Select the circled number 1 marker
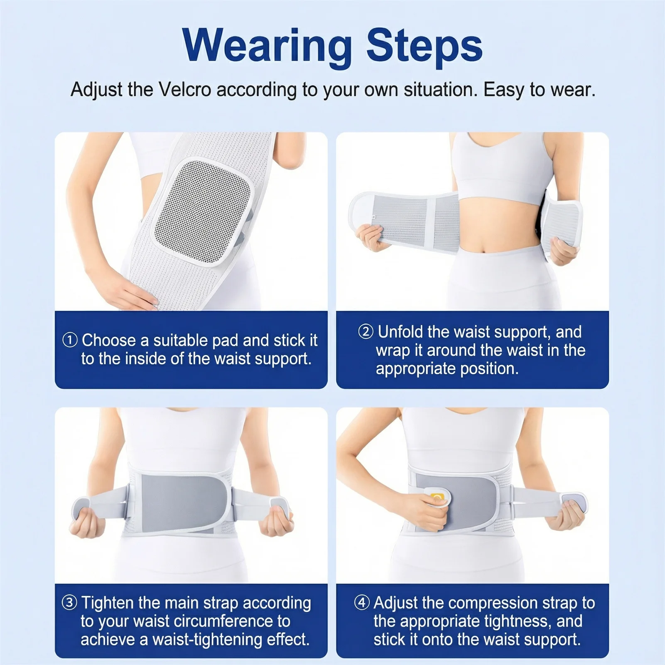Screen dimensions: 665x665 coord(70,340)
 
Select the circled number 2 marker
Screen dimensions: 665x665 coord(366,332)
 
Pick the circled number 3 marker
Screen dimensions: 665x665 coord(69,603)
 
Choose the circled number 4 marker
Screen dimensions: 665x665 coord(362,603)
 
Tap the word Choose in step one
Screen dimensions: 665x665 coord(109,341)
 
